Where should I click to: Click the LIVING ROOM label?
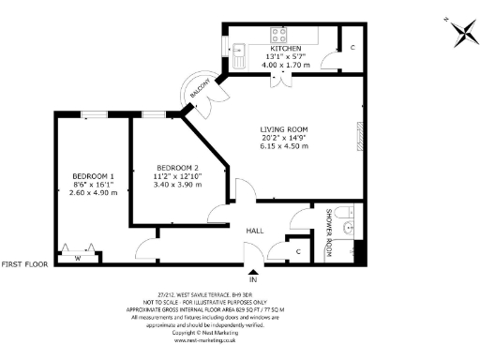tap(284, 129)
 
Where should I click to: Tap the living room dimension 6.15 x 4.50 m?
tap(284, 146)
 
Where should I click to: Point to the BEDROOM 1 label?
tap(93, 176)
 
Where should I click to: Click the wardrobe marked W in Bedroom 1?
tap(79, 258)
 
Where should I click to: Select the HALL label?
tap(255, 230)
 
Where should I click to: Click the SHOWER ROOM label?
tap(329, 230)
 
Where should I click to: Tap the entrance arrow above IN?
tap(251, 268)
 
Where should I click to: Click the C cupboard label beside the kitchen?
tap(352, 47)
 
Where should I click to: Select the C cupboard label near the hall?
tap(297, 251)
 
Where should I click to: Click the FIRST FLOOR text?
tap(24, 265)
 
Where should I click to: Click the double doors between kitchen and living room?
tap(277, 78)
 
